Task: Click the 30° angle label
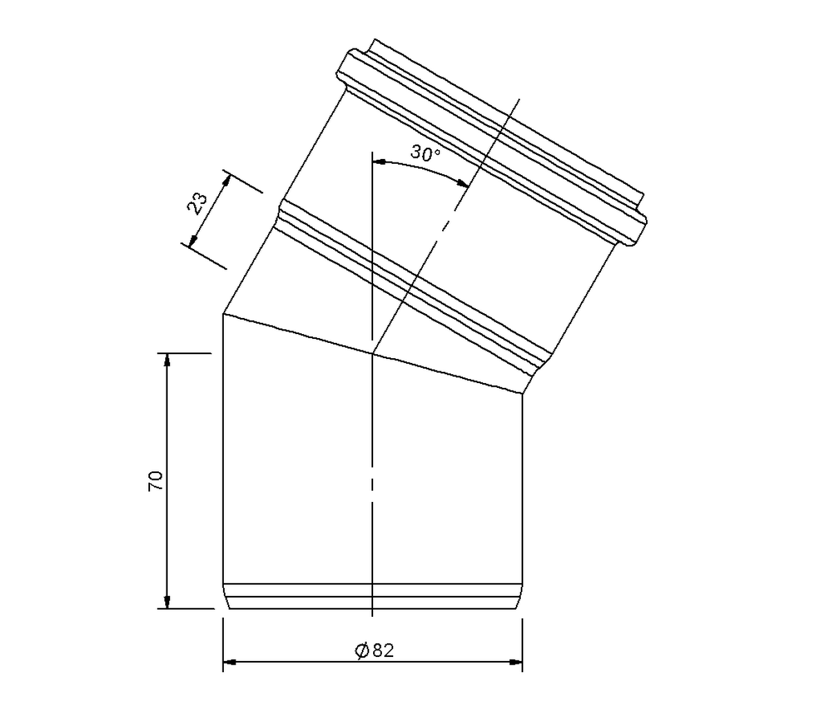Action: point(425,154)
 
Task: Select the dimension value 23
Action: point(197,204)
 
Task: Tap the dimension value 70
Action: point(155,481)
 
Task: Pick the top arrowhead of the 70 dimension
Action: point(167,360)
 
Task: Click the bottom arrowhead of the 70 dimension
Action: point(167,601)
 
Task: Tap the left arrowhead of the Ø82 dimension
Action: point(230,674)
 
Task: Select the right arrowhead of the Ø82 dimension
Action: point(515,674)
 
